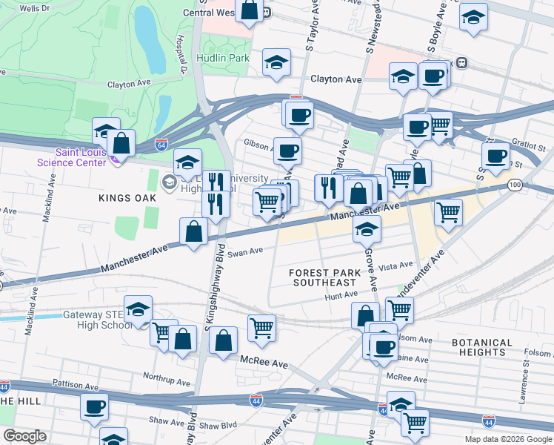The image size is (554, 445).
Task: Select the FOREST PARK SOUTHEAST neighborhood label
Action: click(x=325, y=277)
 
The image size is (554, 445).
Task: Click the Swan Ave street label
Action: click(x=246, y=251)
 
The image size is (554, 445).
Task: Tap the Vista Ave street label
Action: click(x=395, y=265)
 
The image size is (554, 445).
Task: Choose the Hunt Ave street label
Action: click(x=341, y=295)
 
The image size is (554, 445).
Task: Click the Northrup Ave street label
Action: click(x=168, y=377)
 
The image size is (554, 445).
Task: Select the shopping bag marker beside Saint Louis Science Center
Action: click(x=121, y=142)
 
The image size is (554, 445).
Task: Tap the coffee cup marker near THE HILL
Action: click(x=94, y=406)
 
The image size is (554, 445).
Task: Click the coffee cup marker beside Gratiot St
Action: click(x=495, y=156)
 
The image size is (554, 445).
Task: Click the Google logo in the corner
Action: click(x=25, y=436)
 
